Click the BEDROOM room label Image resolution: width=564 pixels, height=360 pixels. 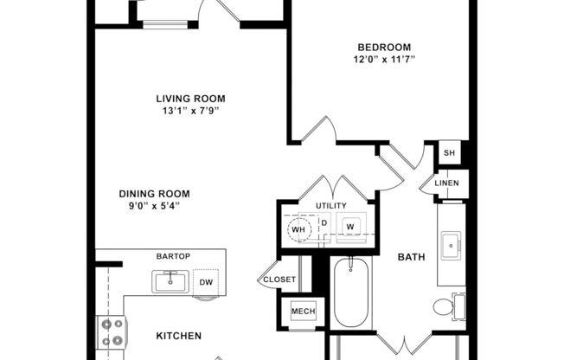(x=383, y=47)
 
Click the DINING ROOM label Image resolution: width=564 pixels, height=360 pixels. (x=154, y=194)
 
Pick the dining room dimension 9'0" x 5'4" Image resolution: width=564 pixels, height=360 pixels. (x=154, y=206)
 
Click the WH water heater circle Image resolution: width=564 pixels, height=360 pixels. (x=299, y=228)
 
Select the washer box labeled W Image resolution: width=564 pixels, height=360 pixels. (x=350, y=227)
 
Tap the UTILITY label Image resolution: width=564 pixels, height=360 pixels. (x=330, y=206)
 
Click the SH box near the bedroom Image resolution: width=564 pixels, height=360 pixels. (x=449, y=153)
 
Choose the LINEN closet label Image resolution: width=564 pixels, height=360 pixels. (x=446, y=183)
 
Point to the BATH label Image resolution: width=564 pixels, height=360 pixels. (x=410, y=257)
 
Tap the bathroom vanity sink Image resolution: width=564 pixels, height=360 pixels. (x=452, y=246)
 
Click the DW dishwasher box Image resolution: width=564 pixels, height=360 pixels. (x=206, y=282)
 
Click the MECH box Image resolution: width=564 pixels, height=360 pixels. (x=303, y=312)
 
